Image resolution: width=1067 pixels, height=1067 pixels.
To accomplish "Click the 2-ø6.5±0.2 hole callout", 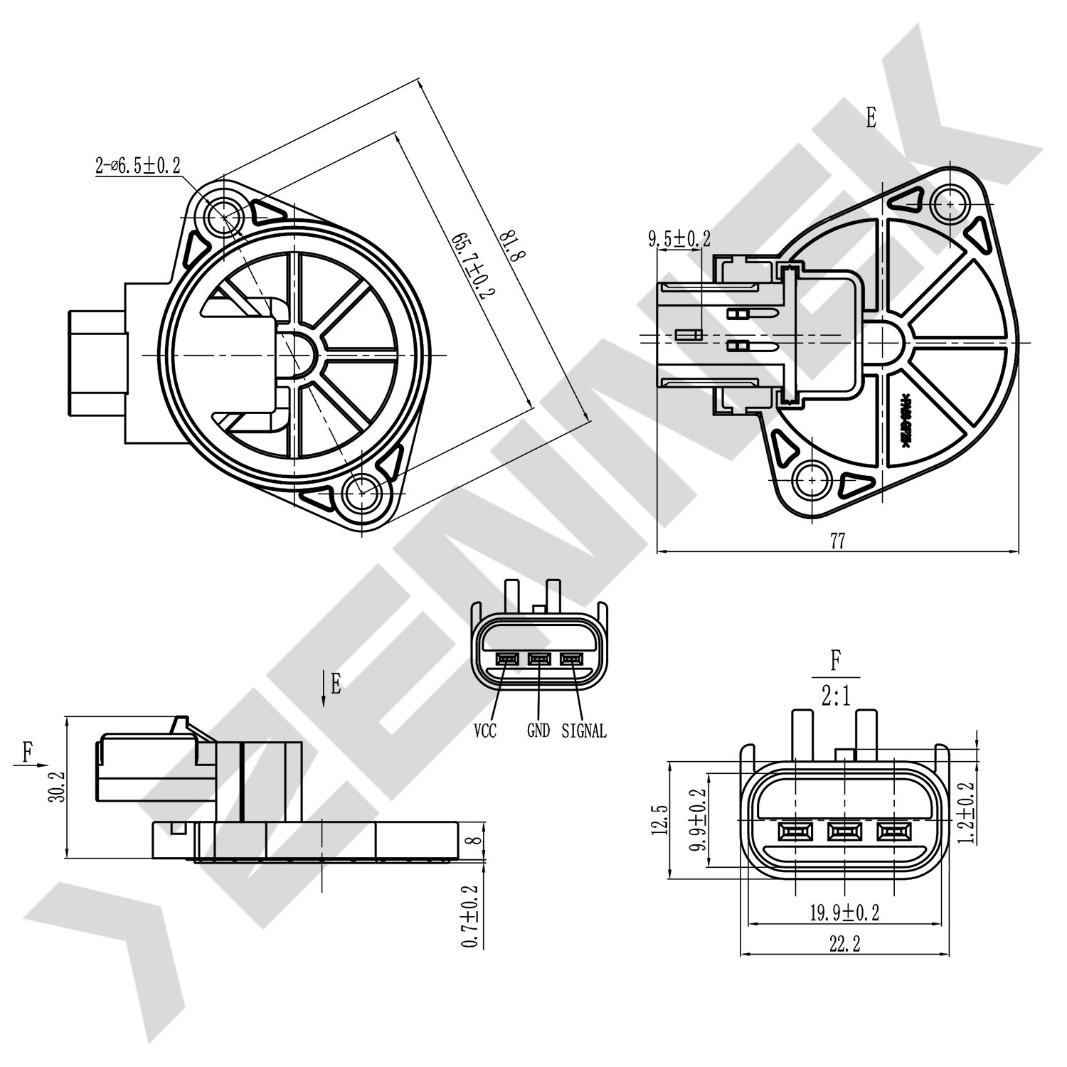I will (x=138, y=166).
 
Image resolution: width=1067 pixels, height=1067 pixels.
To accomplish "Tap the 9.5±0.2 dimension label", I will (x=679, y=239).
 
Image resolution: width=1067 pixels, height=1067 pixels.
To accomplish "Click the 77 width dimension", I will (x=837, y=541).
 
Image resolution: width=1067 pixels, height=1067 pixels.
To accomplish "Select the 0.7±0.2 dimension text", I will (x=469, y=916).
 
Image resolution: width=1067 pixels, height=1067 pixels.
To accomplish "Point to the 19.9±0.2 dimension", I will (x=844, y=913).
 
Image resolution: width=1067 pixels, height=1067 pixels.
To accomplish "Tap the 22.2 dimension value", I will (x=844, y=944).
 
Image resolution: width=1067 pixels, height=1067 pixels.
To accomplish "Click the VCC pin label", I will (x=485, y=731).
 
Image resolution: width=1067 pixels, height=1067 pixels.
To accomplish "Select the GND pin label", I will (x=538, y=731).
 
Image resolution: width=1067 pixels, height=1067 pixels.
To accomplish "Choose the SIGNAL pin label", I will (x=584, y=731).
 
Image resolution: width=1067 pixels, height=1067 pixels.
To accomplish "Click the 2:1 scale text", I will (x=836, y=696).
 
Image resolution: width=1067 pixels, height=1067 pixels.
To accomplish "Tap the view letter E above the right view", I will (x=871, y=118).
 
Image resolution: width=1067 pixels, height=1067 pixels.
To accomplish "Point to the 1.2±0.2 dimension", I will (x=965, y=812).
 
